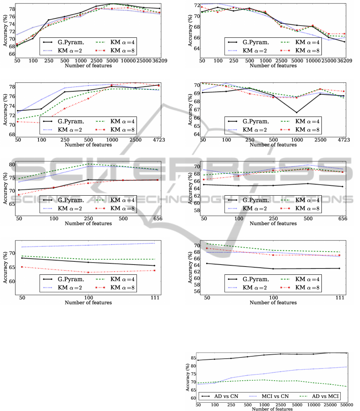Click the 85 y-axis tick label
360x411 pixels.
tap(192, 358)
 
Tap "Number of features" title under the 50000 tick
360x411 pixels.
tap(273, 409)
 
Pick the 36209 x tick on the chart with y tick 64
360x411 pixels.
tap(343, 61)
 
